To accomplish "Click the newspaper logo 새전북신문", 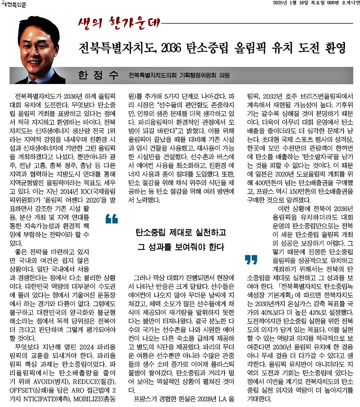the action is coord(14,4).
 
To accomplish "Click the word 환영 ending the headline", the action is coord(336,48).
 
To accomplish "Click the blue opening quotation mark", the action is coord(112,219).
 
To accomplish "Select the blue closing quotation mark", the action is coord(251,260).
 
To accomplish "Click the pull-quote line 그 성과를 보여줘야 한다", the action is coord(181,247).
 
